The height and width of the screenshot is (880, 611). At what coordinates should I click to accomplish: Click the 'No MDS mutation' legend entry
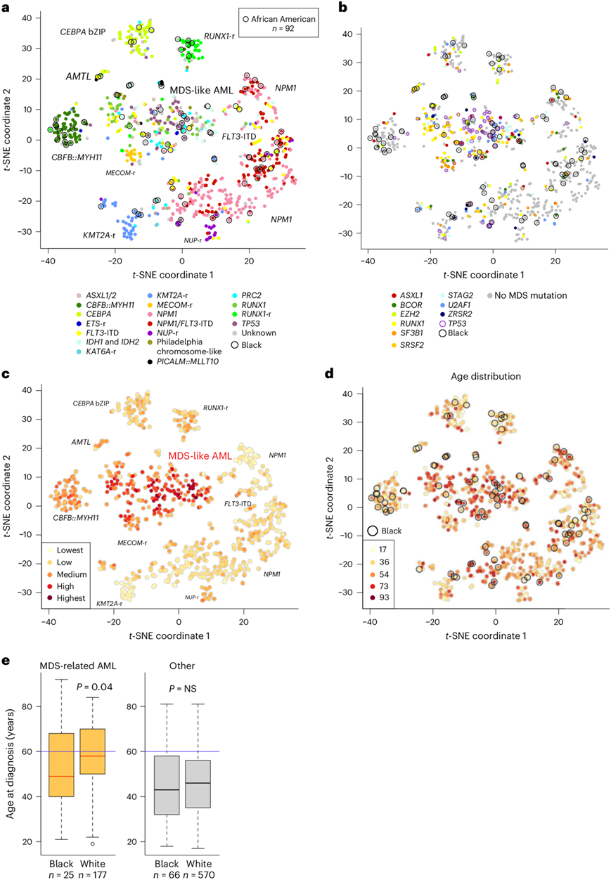pyautogui.click(x=525, y=295)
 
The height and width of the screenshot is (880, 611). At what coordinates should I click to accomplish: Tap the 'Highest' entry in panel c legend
pyautogui.click(x=69, y=597)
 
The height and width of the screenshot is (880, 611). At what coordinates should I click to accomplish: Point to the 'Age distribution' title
pyautogui.click(x=487, y=377)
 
